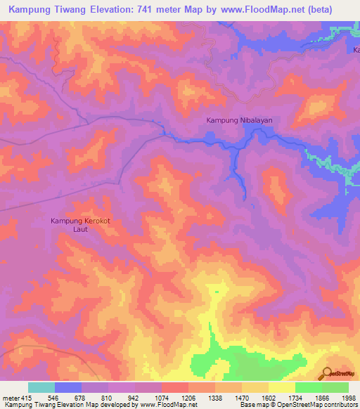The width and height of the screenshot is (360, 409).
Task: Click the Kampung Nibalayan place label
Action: pyautogui.click(x=239, y=120)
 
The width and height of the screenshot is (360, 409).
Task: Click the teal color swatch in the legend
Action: pyautogui.click(x=41, y=387)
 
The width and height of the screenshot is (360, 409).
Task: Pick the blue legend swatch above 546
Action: pyautogui.click(x=68, y=387)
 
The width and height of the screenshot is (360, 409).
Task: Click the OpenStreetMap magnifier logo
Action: pyautogui.click(x=328, y=373)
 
